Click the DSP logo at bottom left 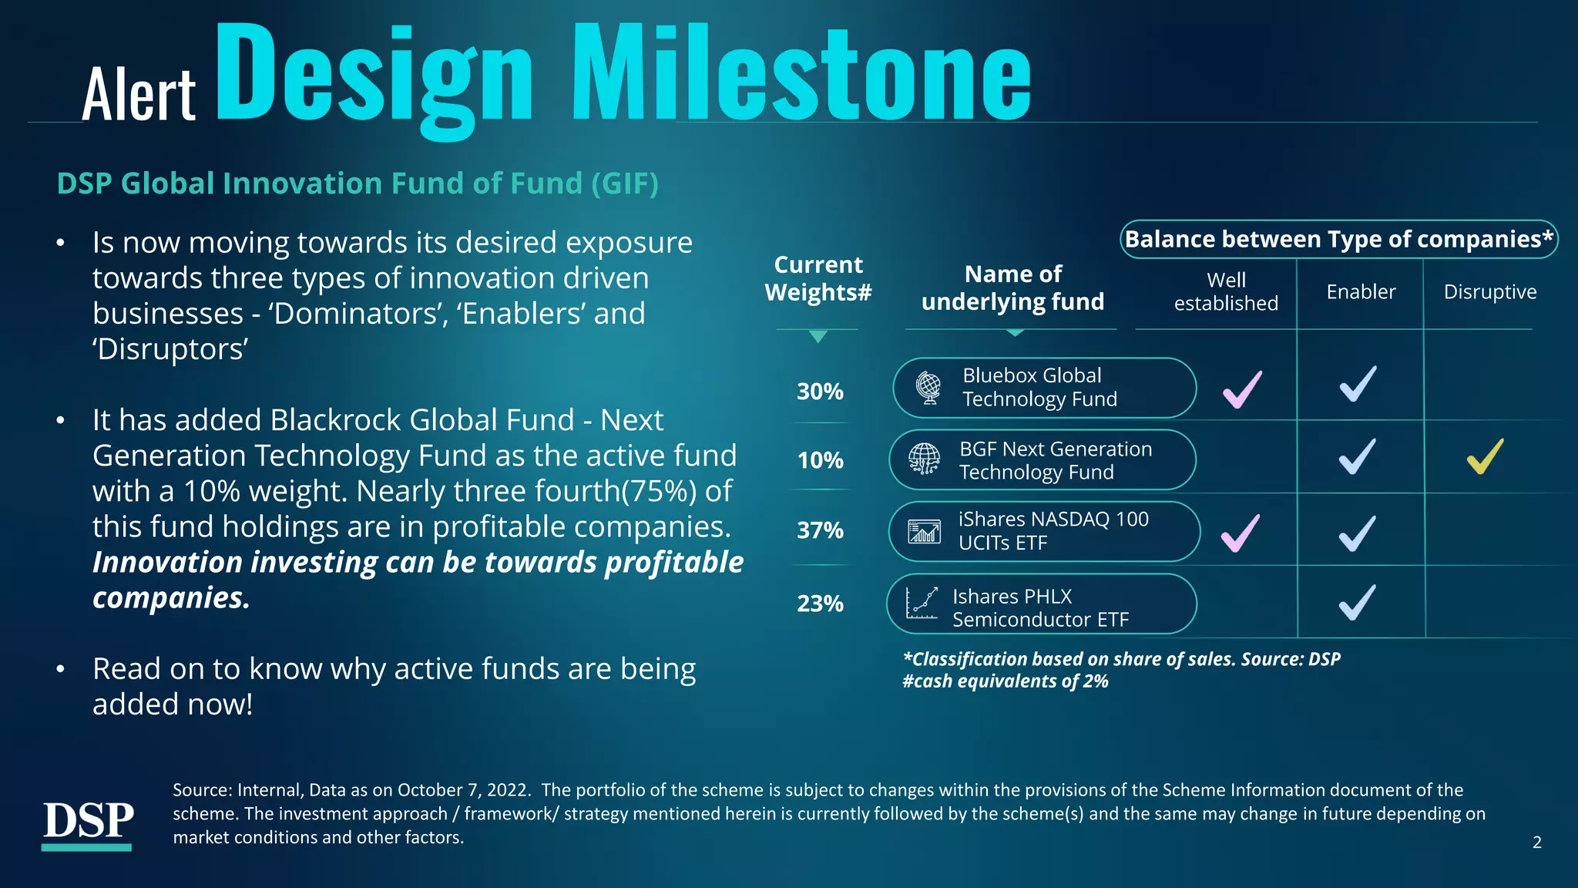[x=87, y=823]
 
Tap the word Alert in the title [x=139, y=95]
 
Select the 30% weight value [x=820, y=392]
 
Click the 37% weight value [x=820, y=530]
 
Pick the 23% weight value [x=820, y=604]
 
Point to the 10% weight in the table [x=820, y=461]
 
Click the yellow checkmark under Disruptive [x=1485, y=456]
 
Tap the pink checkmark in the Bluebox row [x=1242, y=389]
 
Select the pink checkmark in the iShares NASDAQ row [x=1241, y=533]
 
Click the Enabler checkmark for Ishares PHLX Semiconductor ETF [x=1357, y=602]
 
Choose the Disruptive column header [x=1489, y=292]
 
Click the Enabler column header [x=1361, y=292]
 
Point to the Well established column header [x=1225, y=291]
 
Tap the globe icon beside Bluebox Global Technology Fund [x=929, y=387]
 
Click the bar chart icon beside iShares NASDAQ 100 [x=924, y=532]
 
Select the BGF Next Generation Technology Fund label [x=1055, y=460]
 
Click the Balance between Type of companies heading [x=1338, y=240]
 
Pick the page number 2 [x=1536, y=843]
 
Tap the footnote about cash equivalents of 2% [x=1005, y=681]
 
